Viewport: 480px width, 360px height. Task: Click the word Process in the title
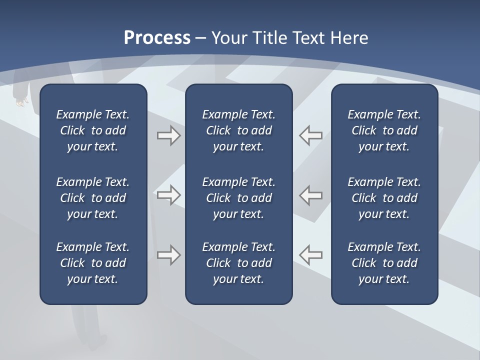(157, 38)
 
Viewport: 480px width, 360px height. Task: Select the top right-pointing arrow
(168, 135)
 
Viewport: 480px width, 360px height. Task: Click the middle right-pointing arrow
(168, 195)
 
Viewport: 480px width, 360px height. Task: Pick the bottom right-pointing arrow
(168, 255)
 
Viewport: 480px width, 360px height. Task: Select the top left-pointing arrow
(310, 135)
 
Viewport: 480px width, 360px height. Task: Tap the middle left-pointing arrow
(310, 195)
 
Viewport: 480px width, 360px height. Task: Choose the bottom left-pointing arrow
(310, 255)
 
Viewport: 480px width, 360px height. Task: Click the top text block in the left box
(93, 130)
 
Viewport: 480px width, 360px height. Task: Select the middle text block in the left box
(93, 198)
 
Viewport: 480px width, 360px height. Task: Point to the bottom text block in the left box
(93, 263)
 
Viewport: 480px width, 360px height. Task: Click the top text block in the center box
(238, 130)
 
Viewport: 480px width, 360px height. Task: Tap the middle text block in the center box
(238, 198)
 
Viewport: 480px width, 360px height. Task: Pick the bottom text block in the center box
(238, 263)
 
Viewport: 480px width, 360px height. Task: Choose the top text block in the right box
(384, 130)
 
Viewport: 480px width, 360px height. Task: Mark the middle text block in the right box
(384, 198)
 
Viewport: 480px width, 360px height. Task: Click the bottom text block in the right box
(384, 263)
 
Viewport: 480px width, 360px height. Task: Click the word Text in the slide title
(308, 38)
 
